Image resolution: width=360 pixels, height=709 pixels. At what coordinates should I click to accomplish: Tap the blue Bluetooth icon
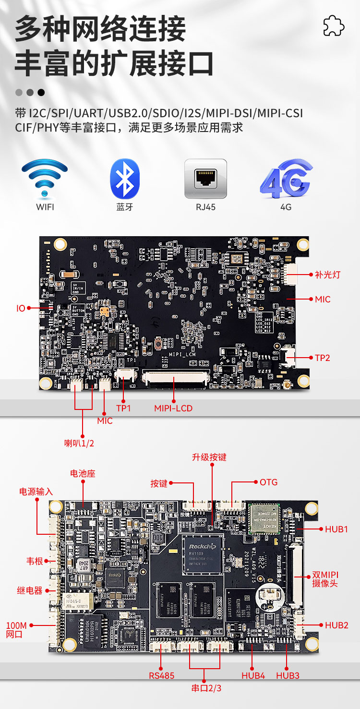click(x=125, y=179)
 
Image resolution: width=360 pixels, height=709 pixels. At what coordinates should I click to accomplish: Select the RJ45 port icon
click(x=205, y=179)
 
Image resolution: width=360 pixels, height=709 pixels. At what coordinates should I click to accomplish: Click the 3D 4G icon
click(x=286, y=179)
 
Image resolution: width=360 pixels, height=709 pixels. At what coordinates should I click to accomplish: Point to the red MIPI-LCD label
click(x=173, y=409)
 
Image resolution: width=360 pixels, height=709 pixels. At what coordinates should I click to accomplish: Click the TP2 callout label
click(x=323, y=358)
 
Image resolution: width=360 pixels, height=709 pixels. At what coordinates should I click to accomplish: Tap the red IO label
click(x=21, y=308)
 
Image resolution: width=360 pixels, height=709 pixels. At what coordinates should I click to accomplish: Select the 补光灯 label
click(x=327, y=275)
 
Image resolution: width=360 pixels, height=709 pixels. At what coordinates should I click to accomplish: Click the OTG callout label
click(x=269, y=482)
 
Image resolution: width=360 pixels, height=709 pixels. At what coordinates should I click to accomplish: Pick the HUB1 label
click(x=336, y=529)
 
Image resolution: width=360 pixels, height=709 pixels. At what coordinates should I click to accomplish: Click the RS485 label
click(x=161, y=675)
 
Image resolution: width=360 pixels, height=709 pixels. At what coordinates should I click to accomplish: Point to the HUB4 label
click(x=253, y=675)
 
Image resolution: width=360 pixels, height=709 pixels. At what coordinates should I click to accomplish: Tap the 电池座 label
click(x=83, y=474)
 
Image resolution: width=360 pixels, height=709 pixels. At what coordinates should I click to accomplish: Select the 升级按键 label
click(x=209, y=457)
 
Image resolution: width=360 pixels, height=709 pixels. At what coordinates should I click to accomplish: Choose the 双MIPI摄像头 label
click(x=325, y=579)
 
